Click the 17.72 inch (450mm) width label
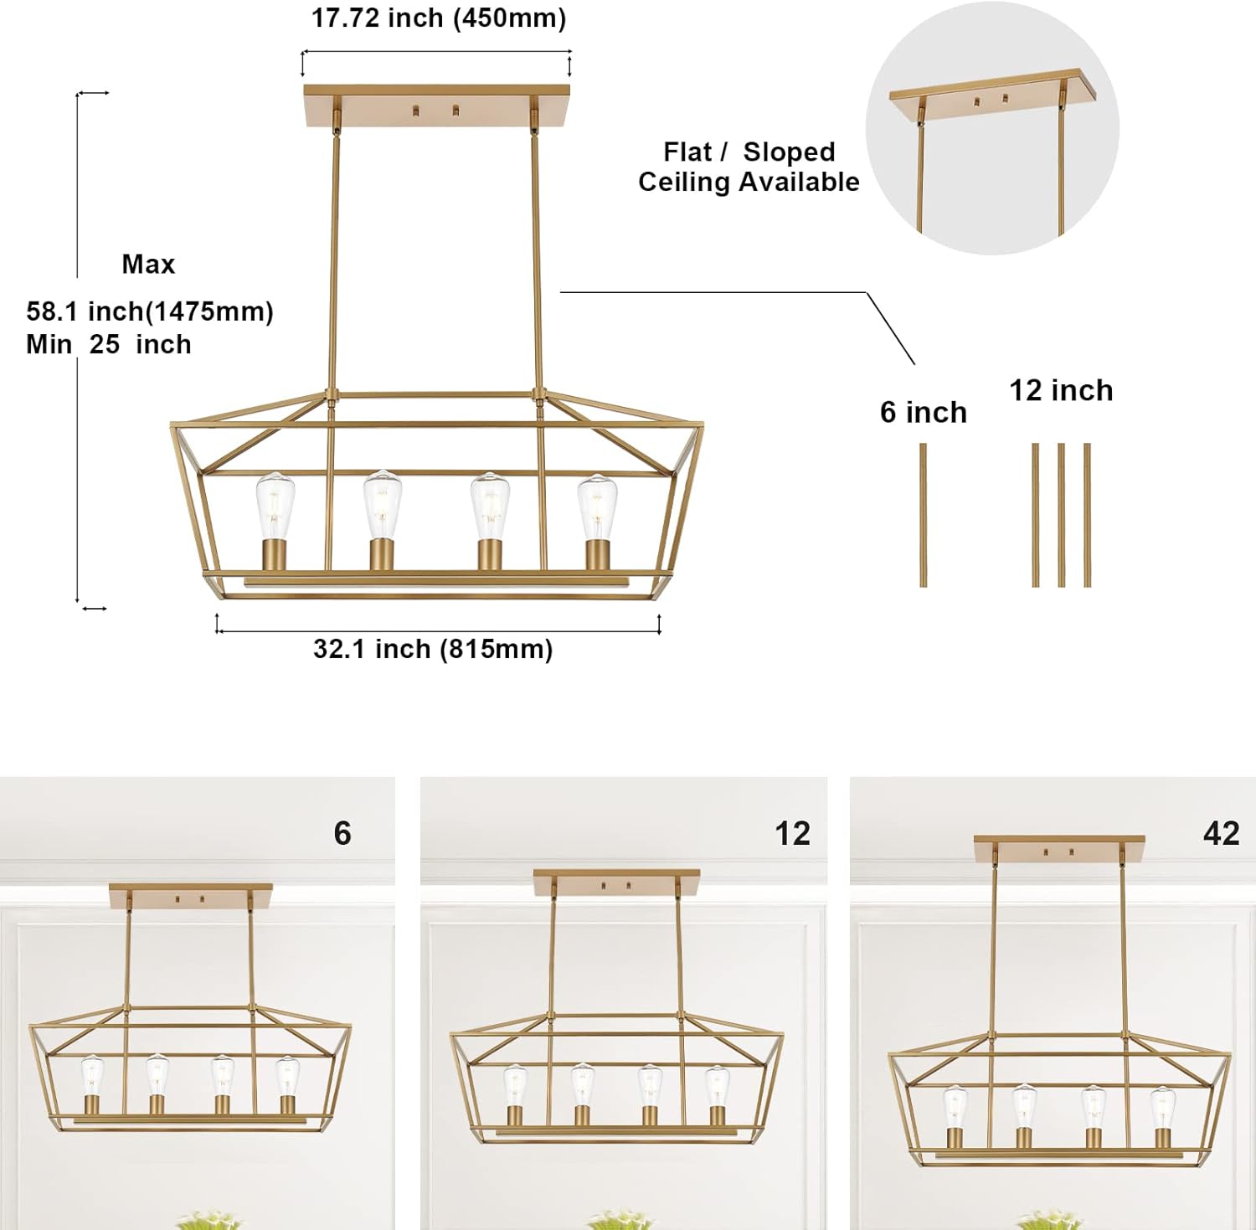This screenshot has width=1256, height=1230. pos(439,18)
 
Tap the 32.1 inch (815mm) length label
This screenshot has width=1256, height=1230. pos(433,649)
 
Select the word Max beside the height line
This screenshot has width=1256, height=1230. pos(148,265)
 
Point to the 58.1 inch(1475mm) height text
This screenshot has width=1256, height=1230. pos(150,311)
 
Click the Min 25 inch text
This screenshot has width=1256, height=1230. pos(109,344)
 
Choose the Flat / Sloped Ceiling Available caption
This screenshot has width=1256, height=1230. pos(749,167)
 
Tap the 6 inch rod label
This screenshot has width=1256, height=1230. pos(923,412)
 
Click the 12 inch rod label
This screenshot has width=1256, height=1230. pos(1061,390)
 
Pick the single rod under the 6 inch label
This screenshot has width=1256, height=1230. pos(923,515)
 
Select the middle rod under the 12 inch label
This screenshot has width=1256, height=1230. pos(1061,515)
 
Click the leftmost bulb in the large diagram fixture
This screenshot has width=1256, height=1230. pos(275,507)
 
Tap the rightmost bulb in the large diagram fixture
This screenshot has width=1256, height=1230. pos(596,508)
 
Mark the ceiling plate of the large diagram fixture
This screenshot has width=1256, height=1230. pos(436,106)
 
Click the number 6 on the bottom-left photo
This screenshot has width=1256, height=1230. pos(342,833)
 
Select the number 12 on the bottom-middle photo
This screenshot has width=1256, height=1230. pos(792,833)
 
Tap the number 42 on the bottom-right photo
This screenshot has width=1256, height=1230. pos(1221,833)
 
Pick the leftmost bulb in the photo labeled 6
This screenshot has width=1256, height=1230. pos(91,1074)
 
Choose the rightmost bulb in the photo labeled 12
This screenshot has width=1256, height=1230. pos(717,1086)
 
